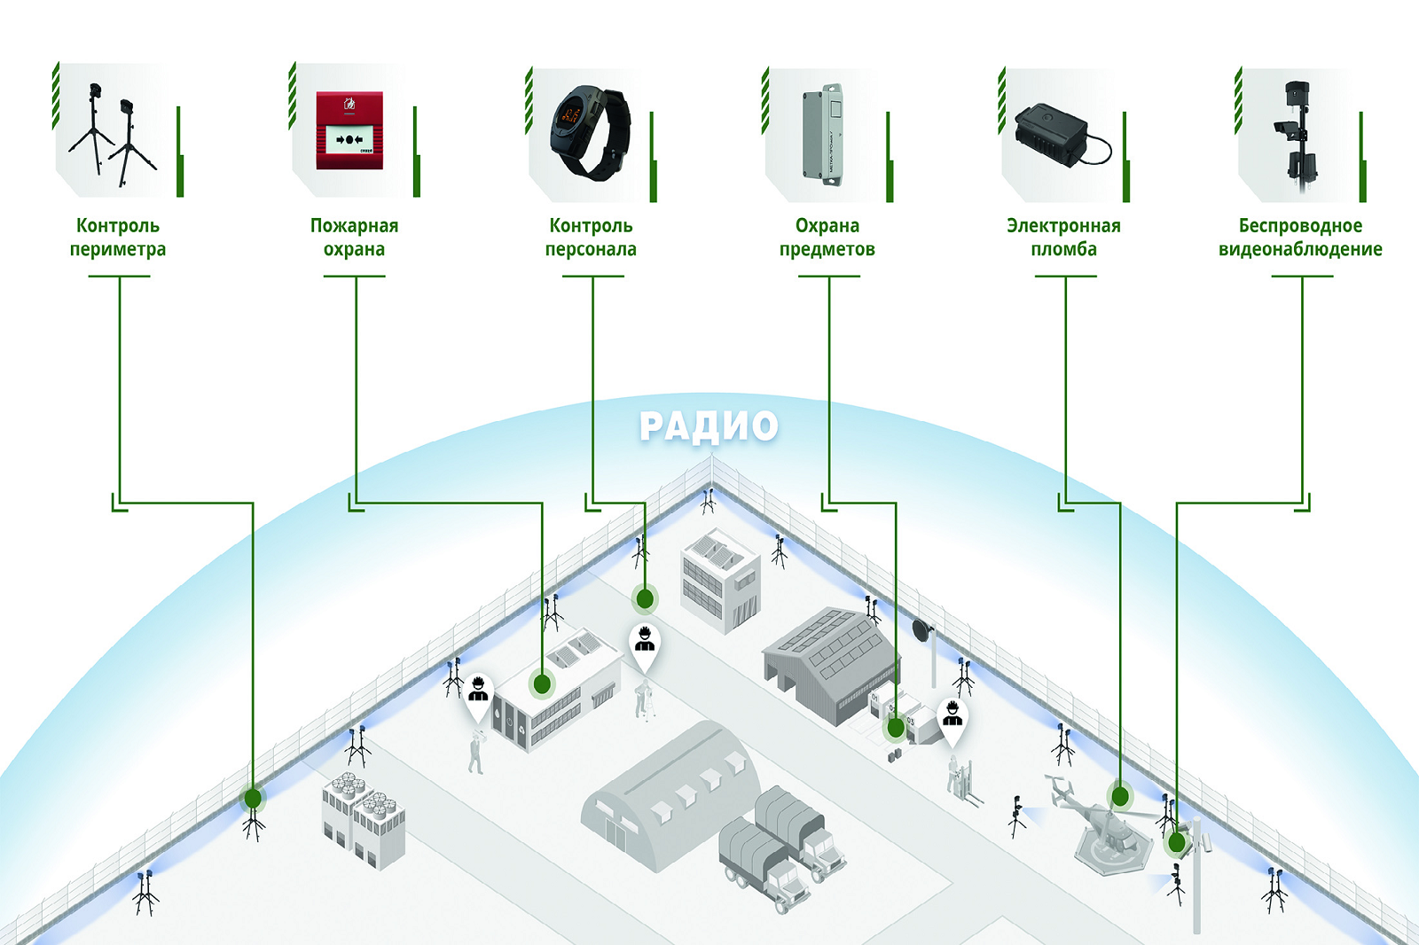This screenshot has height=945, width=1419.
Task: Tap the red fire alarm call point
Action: point(349,130)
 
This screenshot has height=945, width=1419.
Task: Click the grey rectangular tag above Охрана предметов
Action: point(823,135)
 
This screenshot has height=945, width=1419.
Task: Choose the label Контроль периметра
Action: point(118,237)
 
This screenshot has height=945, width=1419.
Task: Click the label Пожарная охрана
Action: point(354,237)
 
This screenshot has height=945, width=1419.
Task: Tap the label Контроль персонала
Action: point(591,237)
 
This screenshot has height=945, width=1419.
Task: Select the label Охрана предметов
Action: point(827,237)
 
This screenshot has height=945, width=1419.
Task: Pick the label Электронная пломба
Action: point(1063,237)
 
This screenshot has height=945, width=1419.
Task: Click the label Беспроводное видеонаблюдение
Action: point(1300,237)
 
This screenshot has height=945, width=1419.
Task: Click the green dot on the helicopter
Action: point(1120,795)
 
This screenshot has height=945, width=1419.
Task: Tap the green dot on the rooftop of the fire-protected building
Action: point(542,684)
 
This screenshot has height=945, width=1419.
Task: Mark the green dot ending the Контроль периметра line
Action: point(253,799)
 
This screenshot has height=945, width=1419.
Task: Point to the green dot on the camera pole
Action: point(1176,843)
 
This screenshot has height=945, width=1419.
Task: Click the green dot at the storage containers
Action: point(895,729)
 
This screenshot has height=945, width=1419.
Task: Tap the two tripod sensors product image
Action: point(114,134)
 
